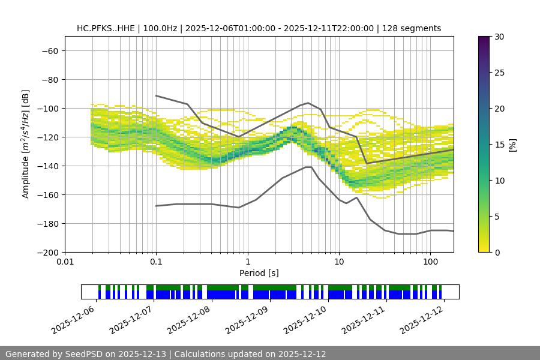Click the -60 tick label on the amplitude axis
click(49, 51)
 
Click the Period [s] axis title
click(259, 274)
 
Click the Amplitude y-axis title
click(26, 145)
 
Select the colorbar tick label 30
click(498, 37)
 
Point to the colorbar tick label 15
click(498, 145)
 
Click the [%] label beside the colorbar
click(512, 145)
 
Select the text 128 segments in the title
click(414, 28)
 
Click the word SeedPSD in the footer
click(89, 354)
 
